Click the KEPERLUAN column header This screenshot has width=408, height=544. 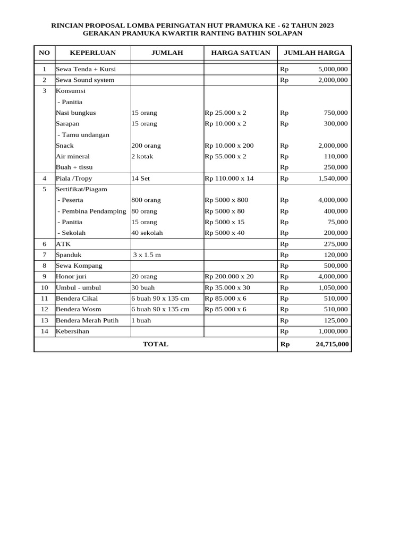[92, 53]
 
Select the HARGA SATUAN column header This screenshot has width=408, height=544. [241, 53]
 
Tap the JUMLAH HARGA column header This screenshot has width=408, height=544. [314, 53]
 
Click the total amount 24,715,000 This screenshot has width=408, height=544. [332, 344]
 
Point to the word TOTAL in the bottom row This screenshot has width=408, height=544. [155, 344]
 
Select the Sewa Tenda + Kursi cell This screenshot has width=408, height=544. [86, 69]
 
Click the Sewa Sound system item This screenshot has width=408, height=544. [85, 80]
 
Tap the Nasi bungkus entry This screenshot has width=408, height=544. [76, 113]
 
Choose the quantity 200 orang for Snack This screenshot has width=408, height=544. [146, 146]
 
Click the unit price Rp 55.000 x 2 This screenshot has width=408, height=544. [225, 157]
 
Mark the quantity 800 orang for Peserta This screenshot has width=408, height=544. [146, 200]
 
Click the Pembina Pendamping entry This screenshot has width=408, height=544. [91, 211]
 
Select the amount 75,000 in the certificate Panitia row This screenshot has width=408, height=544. [337, 222]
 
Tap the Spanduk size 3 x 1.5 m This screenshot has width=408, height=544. [147, 255]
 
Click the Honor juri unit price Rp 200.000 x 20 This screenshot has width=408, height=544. [229, 277]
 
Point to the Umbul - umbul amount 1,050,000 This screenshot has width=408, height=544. [333, 287]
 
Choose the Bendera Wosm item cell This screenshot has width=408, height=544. [78, 309]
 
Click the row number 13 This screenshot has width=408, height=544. [45, 320]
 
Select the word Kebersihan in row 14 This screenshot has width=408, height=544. [72, 331]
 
